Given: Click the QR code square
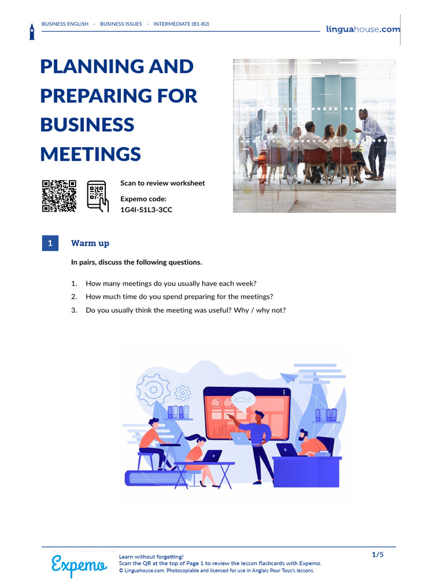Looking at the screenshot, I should (59, 196).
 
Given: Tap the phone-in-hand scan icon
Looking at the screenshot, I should (97, 196).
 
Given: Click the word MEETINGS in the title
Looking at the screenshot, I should (91, 154).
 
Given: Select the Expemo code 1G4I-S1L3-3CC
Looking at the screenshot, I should (146, 210).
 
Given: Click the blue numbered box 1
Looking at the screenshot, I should (50, 243).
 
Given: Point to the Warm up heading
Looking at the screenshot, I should (90, 243).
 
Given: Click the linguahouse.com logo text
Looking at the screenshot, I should (363, 29).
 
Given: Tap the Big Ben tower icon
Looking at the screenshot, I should (32, 32).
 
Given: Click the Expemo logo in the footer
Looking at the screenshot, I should (79, 565).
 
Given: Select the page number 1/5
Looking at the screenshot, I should (378, 554).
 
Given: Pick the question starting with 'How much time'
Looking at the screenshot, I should (179, 297).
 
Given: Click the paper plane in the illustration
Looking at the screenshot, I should (289, 377).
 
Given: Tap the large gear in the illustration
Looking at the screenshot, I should (154, 390).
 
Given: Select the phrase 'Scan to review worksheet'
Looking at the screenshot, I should (162, 183).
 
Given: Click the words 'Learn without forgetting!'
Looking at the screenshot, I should (151, 557).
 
